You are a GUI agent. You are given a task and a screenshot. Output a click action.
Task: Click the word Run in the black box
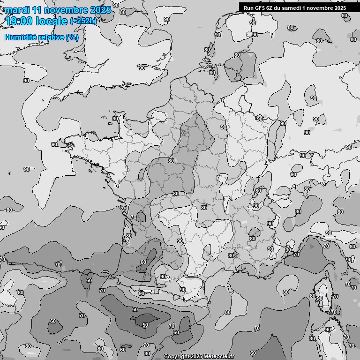(249, 8)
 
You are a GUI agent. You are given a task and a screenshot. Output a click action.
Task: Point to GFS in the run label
(261, 8)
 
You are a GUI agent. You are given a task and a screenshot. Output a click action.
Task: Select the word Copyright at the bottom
(176, 357)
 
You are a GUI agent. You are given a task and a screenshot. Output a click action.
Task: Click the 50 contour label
(145, 325)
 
